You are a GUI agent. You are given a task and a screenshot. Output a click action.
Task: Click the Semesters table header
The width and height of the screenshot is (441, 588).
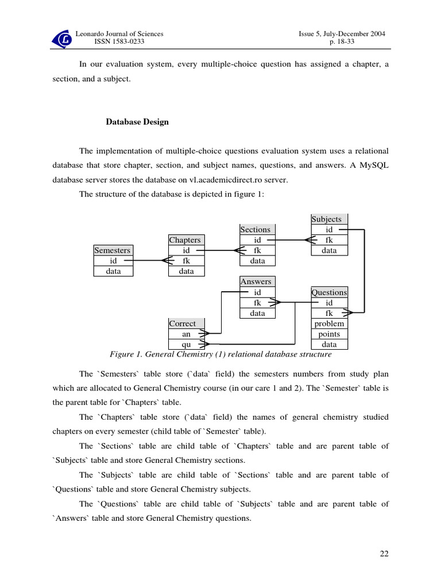[x=113, y=250]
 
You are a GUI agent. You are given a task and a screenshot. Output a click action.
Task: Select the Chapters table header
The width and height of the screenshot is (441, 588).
[x=185, y=240]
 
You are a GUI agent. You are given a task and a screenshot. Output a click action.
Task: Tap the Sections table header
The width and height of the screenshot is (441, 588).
[x=256, y=230]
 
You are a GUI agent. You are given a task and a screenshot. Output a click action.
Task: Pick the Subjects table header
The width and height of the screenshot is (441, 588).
[x=327, y=219]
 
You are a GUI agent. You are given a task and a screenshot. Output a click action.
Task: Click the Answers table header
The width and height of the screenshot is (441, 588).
[x=256, y=282]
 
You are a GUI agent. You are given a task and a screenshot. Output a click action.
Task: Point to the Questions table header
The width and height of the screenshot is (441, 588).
[x=329, y=292]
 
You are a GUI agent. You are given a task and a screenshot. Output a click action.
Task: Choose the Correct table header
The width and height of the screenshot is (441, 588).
[x=183, y=324]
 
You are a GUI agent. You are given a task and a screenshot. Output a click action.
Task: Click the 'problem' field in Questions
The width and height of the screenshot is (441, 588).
[x=329, y=324]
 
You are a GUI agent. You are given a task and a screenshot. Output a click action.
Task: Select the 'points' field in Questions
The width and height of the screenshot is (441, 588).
[x=329, y=334]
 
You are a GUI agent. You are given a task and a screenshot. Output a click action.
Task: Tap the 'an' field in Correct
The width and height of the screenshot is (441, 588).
[x=186, y=334]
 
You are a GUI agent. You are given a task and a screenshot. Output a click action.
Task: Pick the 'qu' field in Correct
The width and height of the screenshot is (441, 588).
[x=186, y=345]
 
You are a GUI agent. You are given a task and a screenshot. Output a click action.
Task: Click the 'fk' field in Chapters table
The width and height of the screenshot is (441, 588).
[x=186, y=261]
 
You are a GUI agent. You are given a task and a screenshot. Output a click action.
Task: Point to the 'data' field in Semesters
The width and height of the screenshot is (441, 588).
[x=113, y=271]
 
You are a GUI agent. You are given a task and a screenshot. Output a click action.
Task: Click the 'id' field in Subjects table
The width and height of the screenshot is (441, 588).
[x=329, y=230]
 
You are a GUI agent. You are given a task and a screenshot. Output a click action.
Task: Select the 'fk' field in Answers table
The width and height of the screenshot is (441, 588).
[x=257, y=303]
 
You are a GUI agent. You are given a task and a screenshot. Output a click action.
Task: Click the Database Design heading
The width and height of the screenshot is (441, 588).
[x=137, y=122]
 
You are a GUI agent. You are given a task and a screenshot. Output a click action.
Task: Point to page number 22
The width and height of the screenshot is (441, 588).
[x=384, y=554]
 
